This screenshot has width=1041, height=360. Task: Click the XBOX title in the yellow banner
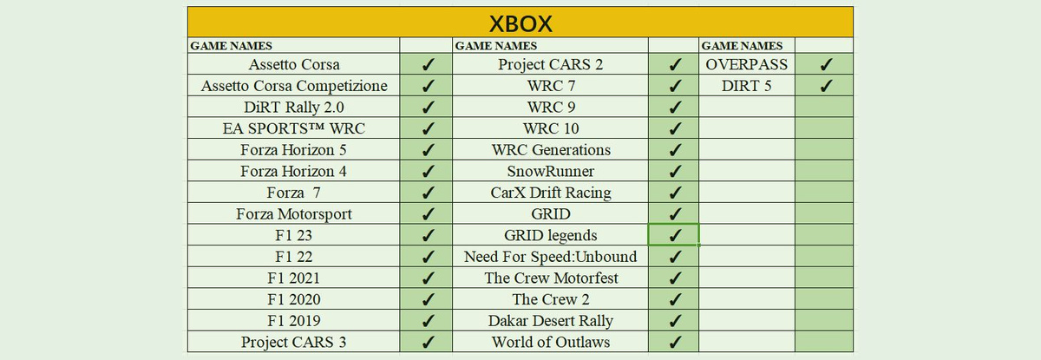coord(520,23)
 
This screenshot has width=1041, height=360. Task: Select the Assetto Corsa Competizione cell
coord(294,86)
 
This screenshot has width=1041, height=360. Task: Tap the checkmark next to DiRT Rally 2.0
coord(428,108)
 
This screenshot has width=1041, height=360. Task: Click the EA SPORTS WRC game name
coord(294,128)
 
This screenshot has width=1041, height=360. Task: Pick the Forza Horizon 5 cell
coord(294,149)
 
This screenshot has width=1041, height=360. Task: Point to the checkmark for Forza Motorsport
coord(428,214)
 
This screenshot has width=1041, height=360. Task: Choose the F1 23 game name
coord(294,235)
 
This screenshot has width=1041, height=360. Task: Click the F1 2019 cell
coord(294,320)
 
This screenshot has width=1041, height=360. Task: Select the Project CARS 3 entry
coord(294,342)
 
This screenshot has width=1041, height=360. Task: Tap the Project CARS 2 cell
coord(551,64)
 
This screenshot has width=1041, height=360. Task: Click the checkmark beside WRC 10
coord(675,128)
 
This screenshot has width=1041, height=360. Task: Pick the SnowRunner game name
coord(551,171)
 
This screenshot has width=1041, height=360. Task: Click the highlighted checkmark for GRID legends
coord(675,235)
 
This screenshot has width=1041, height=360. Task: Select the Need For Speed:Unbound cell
coord(551,257)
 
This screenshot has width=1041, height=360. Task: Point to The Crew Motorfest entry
coord(551,278)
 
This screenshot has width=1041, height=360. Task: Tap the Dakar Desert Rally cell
coord(551,320)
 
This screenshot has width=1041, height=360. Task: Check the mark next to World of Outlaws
coord(675,343)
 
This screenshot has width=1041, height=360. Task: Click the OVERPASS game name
coord(746,64)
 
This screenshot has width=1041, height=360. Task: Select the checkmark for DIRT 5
coord(826,86)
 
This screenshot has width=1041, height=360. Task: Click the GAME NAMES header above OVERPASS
coord(742,45)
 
